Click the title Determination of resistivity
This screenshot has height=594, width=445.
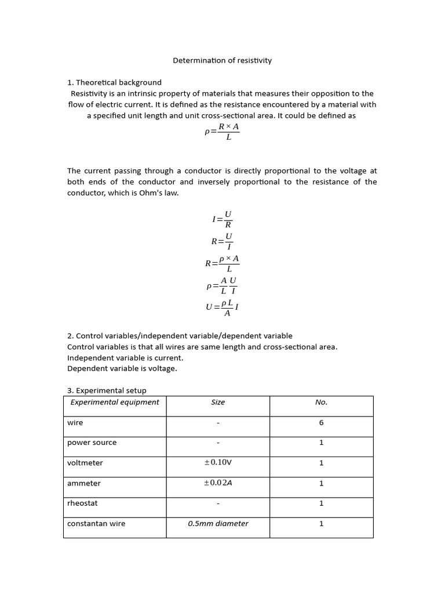222,60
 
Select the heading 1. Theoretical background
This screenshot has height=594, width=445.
114,82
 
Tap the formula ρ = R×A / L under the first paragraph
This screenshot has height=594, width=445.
222,132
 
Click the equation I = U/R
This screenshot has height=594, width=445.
222,219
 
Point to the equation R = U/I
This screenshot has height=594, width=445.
222,241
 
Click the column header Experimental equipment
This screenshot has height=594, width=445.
115,402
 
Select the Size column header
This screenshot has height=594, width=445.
218,402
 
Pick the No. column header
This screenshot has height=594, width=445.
321,402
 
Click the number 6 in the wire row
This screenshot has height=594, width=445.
321,423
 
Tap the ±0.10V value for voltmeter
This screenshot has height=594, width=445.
218,463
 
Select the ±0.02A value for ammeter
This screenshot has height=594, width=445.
218,483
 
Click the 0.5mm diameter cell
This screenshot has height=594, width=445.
218,523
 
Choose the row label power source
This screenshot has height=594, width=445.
92,443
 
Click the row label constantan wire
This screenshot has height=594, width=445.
96,523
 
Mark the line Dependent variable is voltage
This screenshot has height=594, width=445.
122,368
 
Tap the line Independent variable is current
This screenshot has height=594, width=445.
125,357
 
